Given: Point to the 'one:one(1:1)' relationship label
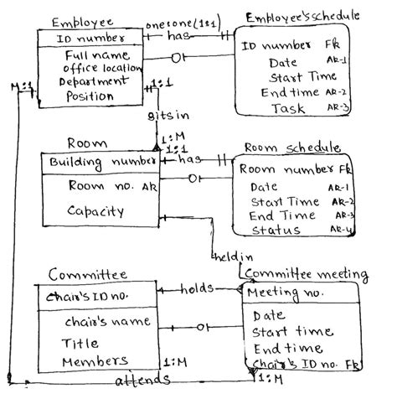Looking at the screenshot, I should [x=183, y=23].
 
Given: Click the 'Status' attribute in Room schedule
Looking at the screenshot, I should [x=276, y=231].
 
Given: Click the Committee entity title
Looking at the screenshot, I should [x=87, y=273].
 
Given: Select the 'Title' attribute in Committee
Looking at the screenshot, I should [x=80, y=343].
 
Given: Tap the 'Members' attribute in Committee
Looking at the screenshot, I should [x=91, y=361].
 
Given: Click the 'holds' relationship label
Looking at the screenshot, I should [x=197, y=289].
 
